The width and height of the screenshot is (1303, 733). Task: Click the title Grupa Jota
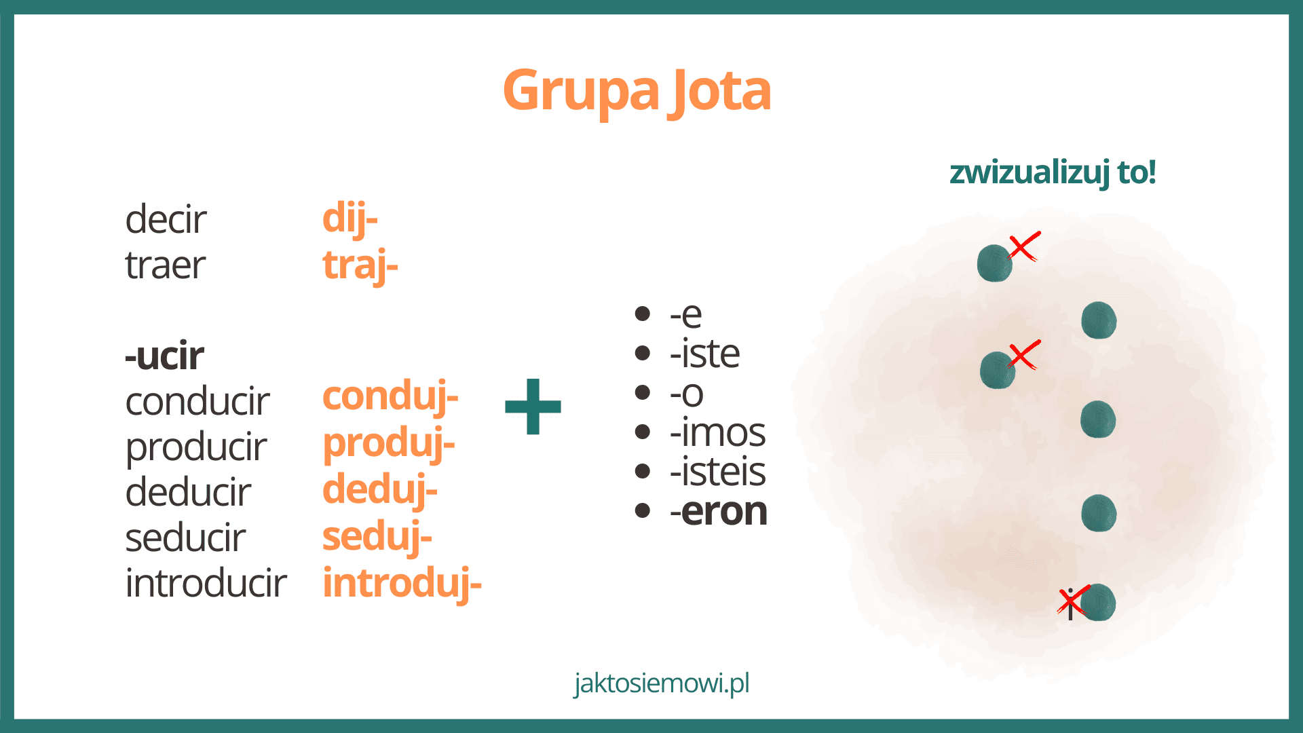[x=637, y=91]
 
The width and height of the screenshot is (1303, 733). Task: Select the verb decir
[x=166, y=219]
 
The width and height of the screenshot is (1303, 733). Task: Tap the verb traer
[x=166, y=265]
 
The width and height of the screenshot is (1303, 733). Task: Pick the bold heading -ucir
[x=164, y=356]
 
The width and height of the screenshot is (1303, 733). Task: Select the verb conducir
[x=197, y=401]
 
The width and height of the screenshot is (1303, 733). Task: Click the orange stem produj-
[x=388, y=445]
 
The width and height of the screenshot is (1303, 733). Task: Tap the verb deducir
[x=188, y=492]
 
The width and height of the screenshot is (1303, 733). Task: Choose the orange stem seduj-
[x=377, y=538]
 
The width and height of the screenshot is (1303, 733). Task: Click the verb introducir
[x=206, y=583]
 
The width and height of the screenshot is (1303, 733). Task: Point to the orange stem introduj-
[x=402, y=584]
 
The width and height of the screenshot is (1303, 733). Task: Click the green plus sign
[x=533, y=407]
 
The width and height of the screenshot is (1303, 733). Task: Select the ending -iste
[x=704, y=354]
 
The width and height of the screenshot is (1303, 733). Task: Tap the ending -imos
[x=717, y=432]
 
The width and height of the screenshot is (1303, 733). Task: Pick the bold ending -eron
[x=718, y=512]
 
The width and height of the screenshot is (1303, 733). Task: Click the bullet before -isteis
[x=643, y=472]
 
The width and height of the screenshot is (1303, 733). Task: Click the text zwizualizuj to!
[x=1053, y=172]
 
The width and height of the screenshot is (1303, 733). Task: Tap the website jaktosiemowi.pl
[x=662, y=683]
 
